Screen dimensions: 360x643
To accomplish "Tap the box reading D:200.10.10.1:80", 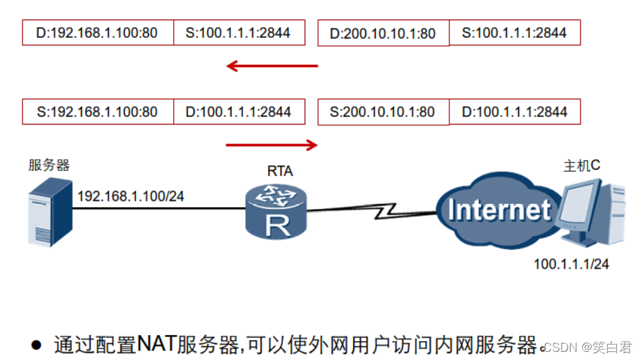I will coord(383,33).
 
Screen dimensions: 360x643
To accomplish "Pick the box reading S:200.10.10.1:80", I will coord(383,112).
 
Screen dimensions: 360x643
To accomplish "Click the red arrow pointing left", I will coord(271,66).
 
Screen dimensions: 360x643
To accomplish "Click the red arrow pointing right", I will coord(271,144).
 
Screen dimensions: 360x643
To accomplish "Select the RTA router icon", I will coord(276,212).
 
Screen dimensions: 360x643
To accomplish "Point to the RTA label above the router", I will coord(279,171).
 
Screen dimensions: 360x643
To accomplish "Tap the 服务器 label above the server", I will coord(49,165).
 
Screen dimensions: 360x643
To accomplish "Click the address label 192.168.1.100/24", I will coord(131,196).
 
